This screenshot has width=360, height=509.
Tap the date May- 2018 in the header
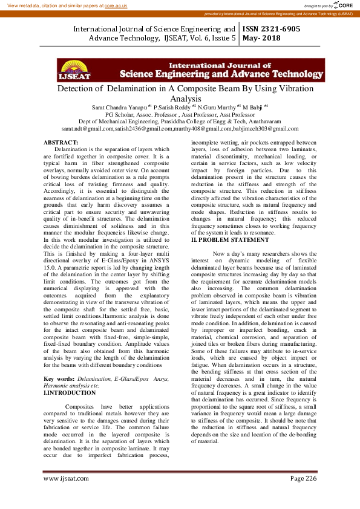click(261, 38)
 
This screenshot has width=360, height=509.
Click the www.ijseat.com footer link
click(67, 478)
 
